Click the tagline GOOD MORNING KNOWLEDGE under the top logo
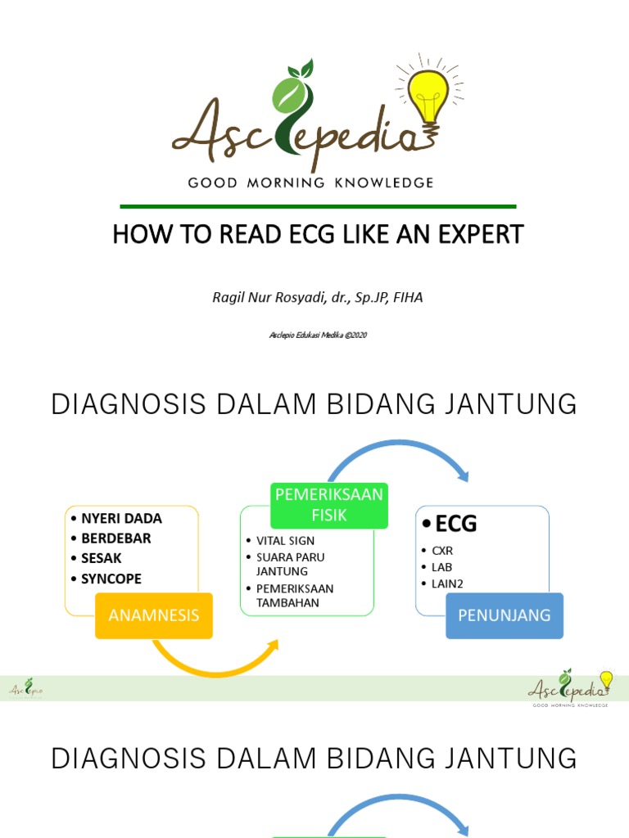point(310,182)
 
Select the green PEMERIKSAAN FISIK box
point(328,506)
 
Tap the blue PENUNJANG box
point(505,615)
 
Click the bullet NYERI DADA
point(121,518)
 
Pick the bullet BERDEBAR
point(115,538)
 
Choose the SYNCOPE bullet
point(111,579)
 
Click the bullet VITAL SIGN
point(285,541)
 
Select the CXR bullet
point(442,551)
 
